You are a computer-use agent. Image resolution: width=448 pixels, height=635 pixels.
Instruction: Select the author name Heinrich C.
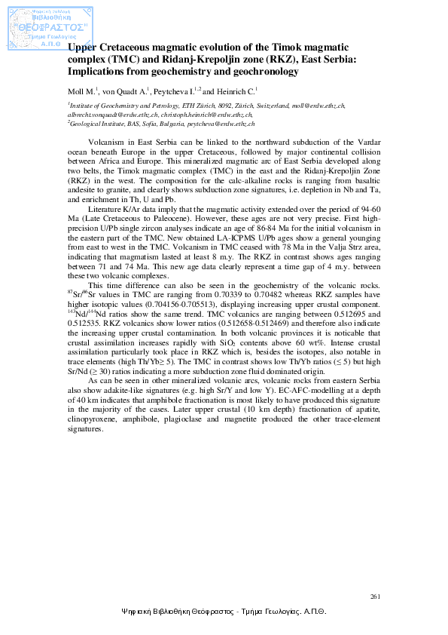click(x=238, y=92)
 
